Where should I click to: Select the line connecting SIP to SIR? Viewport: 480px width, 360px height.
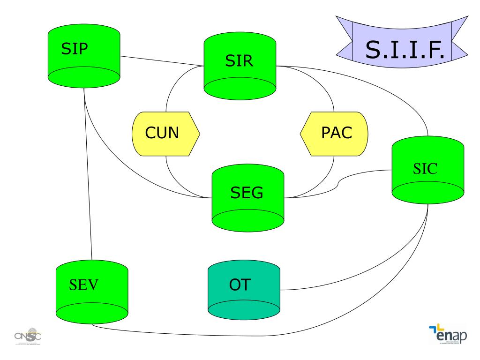click(x=162, y=62)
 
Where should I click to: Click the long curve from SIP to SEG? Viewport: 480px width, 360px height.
click(x=122, y=169)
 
